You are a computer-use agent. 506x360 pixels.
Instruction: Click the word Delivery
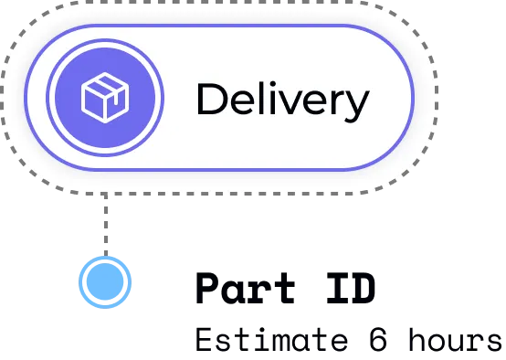coord(281,100)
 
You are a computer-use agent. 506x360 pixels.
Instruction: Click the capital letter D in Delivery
coord(212,100)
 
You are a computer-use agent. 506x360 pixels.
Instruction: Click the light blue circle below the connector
coord(104,282)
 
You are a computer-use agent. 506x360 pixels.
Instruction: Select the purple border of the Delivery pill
coord(219,26)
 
